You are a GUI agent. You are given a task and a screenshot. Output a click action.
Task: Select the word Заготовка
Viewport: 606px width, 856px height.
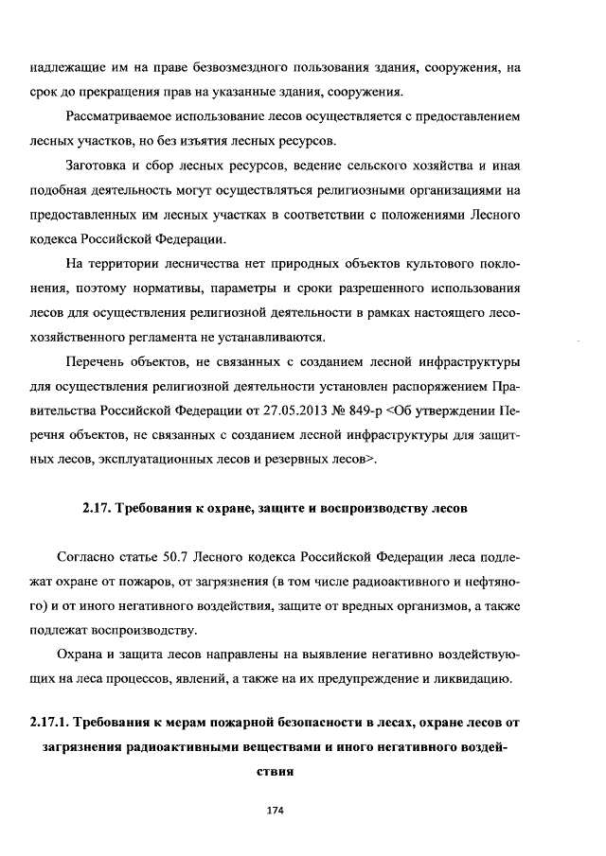coord(101,166)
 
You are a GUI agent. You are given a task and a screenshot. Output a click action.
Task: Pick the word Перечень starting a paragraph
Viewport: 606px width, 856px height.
coord(98,362)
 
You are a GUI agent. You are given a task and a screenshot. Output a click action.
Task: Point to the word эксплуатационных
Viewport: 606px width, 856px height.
coord(169,461)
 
